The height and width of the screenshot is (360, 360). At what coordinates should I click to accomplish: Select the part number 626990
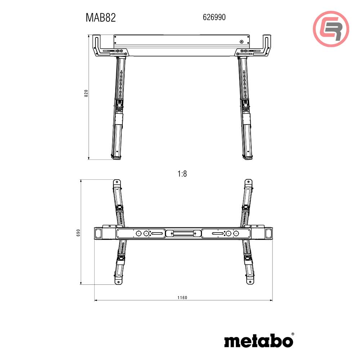(214, 17)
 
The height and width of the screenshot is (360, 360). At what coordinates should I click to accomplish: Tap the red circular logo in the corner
(331, 29)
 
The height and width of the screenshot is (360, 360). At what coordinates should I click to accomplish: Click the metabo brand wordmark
(258, 341)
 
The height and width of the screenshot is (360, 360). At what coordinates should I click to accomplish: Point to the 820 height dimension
(86, 93)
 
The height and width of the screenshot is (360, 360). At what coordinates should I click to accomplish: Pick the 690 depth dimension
(78, 233)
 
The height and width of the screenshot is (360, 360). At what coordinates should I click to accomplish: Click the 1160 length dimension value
(183, 298)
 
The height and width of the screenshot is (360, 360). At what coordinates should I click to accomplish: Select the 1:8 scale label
(182, 174)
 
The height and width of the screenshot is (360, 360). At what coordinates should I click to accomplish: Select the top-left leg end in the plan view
(117, 183)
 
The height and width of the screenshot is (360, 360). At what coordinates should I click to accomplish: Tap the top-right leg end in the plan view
(248, 183)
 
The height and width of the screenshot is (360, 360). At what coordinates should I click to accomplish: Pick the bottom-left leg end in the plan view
(117, 280)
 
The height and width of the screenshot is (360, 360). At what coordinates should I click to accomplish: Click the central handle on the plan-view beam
(183, 233)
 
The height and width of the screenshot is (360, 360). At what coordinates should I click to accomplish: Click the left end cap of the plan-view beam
(98, 233)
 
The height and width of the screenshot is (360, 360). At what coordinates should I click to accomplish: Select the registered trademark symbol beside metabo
(292, 334)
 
